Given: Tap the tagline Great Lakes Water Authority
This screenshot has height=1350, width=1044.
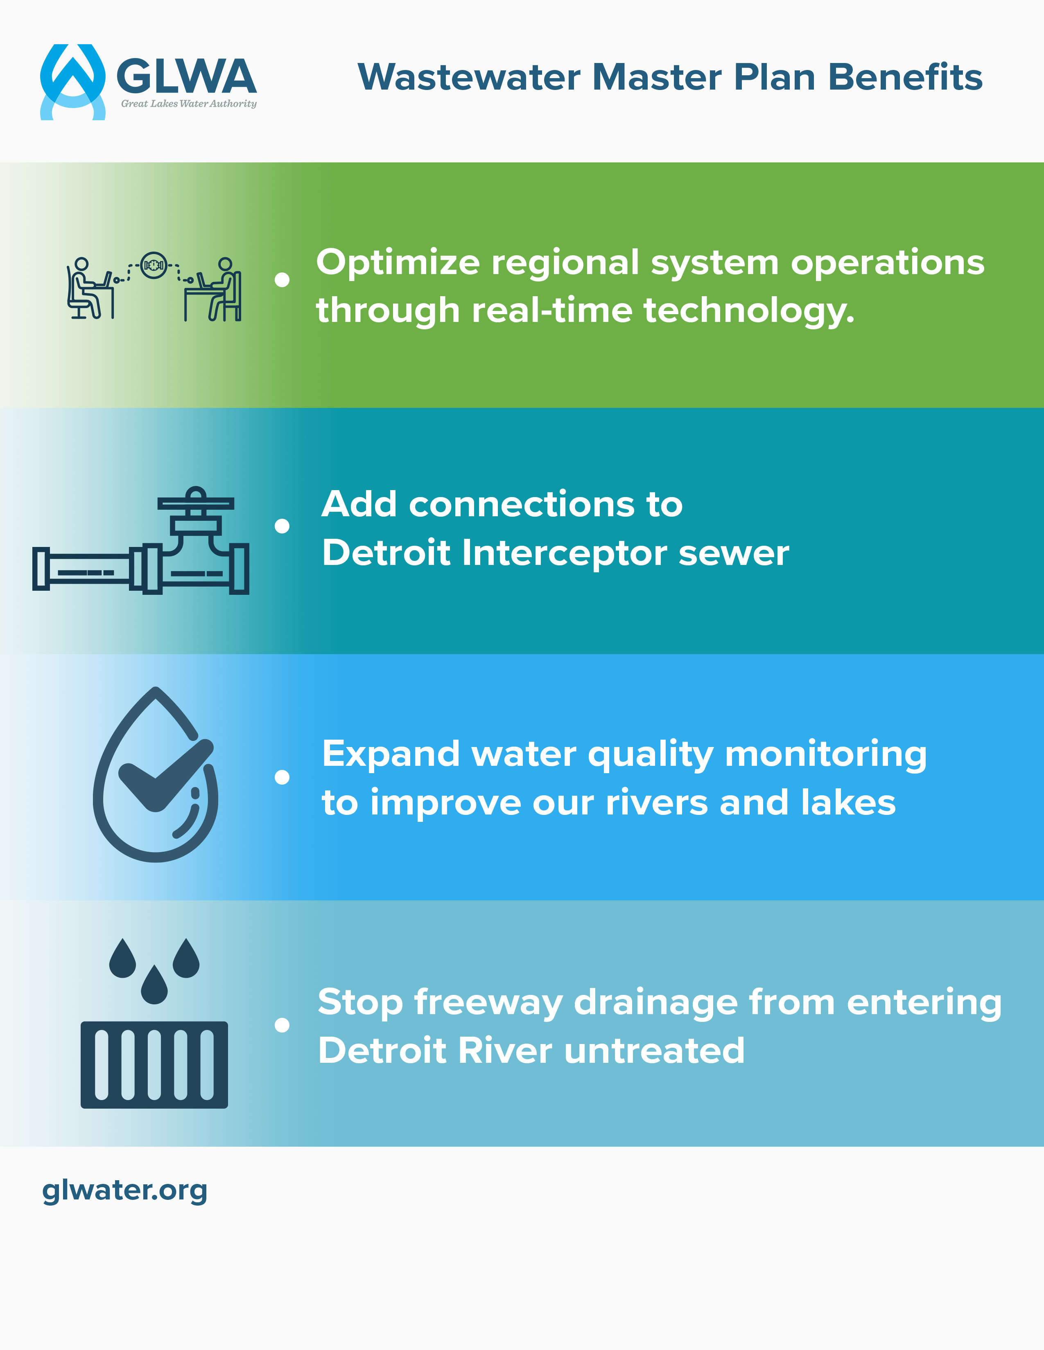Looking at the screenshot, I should pyautogui.click(x=189, y=104).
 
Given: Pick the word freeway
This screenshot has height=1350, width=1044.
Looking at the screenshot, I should pyautogui.click(x=488, y=1003).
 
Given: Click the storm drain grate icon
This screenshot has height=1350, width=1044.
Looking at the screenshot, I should pyautogui.click(x=154, y=1064).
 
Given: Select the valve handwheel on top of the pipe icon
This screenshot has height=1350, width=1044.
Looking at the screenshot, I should pyautogui.click(x=195, y=502).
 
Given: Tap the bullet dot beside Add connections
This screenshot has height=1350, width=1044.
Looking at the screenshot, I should pyautogui.click(x=282, y=526).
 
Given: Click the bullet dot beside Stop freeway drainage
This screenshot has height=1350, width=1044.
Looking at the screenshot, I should pyautogui.click(x=282, y=1026).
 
